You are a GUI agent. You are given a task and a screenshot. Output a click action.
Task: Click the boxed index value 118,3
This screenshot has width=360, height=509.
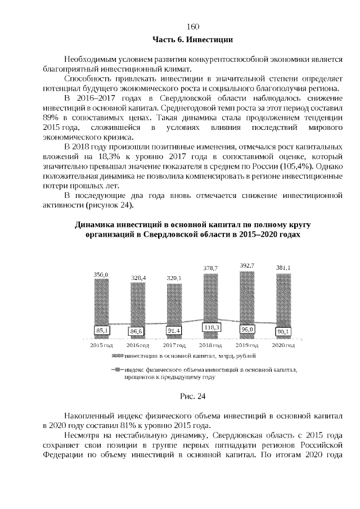tap(211, 327)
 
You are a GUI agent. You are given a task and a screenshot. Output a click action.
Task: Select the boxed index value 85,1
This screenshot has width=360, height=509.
tap(102, 331)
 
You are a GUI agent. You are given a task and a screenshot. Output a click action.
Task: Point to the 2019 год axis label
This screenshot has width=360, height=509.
tap(246, 345)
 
